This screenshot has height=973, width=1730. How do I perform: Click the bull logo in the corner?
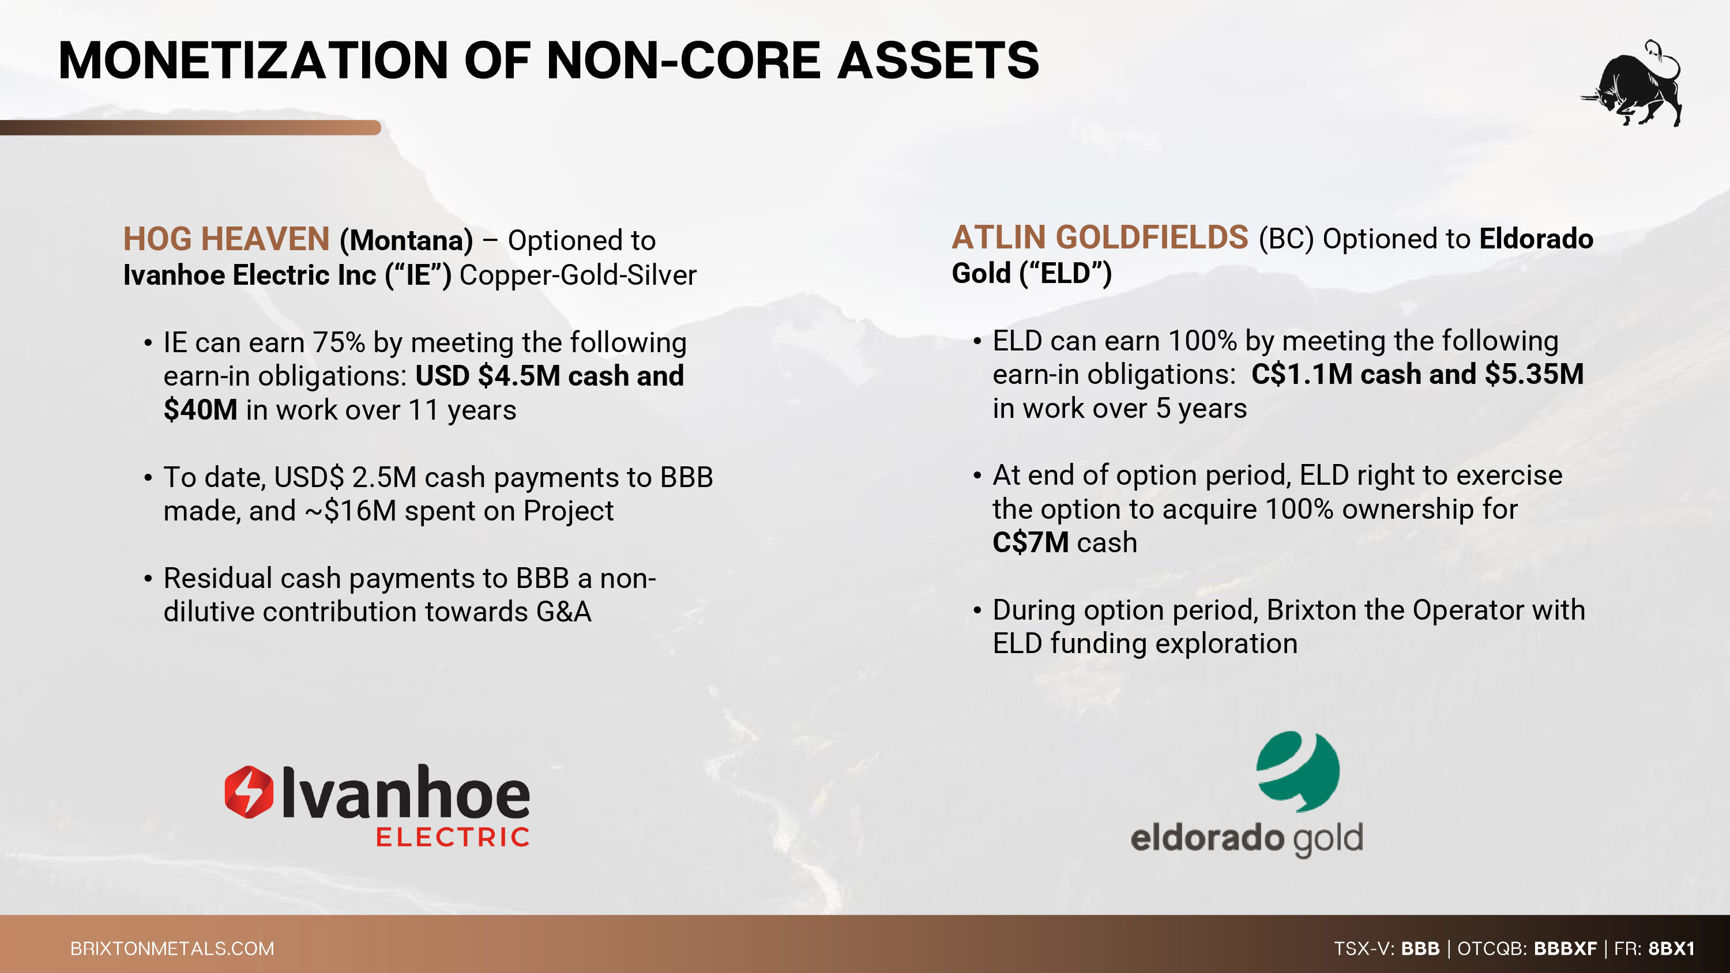click(1632, 84)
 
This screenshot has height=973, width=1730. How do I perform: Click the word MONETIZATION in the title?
click(253, 61)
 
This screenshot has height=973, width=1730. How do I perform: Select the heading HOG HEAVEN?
click(226, 239)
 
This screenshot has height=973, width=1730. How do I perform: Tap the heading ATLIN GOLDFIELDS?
click(1100, 237)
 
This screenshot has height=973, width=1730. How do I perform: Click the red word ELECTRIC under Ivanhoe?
click(453, 837)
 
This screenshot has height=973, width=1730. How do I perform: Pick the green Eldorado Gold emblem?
click(1297, 771)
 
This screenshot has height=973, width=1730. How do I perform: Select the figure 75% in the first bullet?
click(339, 342)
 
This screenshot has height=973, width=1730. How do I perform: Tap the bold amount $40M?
click(201, 410)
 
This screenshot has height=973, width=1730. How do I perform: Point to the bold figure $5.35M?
click(1534, 374)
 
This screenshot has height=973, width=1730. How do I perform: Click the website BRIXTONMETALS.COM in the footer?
click(172, 948)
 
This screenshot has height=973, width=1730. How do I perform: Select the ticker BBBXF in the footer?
click(1566, 948)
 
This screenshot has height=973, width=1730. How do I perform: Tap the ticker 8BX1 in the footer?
click(1672, 948)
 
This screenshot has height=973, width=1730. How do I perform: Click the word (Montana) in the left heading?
click(407, 240)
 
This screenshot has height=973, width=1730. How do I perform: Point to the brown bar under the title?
click(191, 127)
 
